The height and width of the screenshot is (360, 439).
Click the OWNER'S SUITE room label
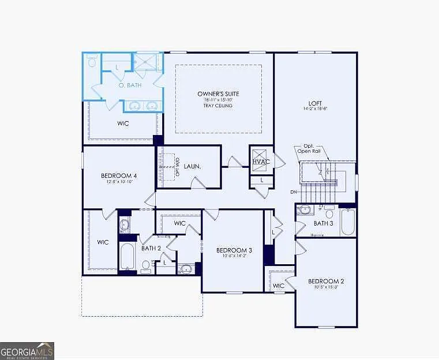(218, 93)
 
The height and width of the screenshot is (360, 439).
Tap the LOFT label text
(315, 103)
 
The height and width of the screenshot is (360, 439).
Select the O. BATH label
(130, 85)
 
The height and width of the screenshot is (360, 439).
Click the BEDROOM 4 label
(119, 175)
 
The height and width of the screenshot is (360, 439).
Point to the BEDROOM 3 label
(234, 250)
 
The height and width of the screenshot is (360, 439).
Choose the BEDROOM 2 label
(326, 281)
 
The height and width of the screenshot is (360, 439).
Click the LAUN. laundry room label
(192, 166)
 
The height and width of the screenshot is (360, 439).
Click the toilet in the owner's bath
(92, 61)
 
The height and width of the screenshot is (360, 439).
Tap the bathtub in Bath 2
(127, 257)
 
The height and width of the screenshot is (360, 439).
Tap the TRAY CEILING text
(218, 106)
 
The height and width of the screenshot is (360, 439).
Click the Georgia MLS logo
(27, 350)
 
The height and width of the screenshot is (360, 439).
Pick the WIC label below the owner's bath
(123, 123)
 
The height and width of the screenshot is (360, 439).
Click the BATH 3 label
(324, 223)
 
